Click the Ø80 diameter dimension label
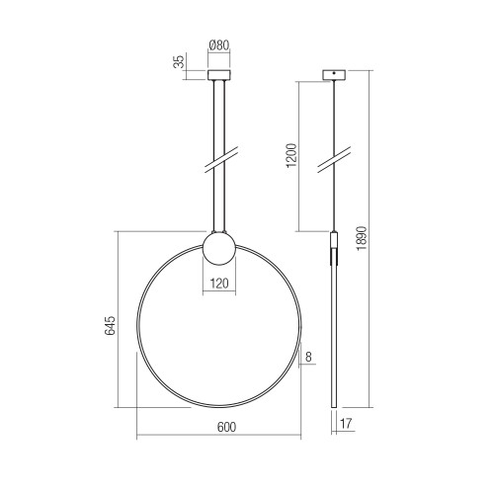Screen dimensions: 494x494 click(x=219, y=45)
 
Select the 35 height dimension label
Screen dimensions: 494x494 click(x=179, y=62)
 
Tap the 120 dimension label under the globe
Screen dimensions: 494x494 click(x=219, y=284)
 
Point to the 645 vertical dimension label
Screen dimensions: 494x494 click(x=111, y=326)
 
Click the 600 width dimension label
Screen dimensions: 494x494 click(x=226, y=427)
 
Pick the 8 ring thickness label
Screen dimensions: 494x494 click(x=308, y=357)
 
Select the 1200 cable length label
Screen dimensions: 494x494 click(x=291, y=155)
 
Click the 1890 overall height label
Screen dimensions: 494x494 click(x=362, y=238)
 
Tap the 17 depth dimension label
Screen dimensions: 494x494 click(x=346, y=424)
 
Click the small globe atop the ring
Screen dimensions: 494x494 click(x=219, y=249)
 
